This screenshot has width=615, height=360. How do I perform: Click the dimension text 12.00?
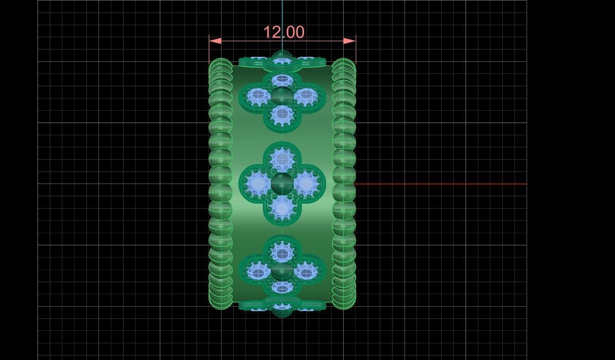(284, 32)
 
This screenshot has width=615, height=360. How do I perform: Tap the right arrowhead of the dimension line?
(350, 41)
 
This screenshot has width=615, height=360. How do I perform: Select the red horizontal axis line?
(442, 184)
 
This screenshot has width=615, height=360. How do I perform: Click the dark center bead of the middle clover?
(282, 184)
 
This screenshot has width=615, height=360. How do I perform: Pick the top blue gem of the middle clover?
(282, 160)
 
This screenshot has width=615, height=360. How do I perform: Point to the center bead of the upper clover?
(282, 96)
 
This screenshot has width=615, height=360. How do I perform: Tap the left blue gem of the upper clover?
(259, 95)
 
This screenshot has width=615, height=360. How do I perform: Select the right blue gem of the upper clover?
(305, 95)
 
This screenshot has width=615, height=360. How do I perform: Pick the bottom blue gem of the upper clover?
(282, 115)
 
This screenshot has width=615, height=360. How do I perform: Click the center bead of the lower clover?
(282, 272)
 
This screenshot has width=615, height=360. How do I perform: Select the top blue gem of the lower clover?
(282, 253)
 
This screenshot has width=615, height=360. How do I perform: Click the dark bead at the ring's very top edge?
(282, 56)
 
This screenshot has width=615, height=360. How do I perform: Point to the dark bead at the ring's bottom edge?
(282, 311)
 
